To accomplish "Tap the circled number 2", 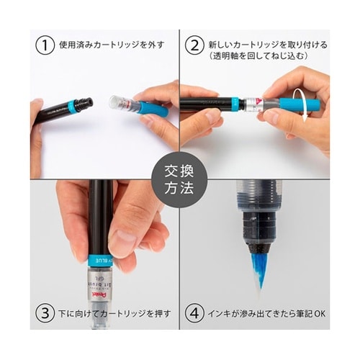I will pyautogui.click(x=194, y=45).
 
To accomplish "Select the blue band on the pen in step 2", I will pyautogui.click(x=235, y=103).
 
